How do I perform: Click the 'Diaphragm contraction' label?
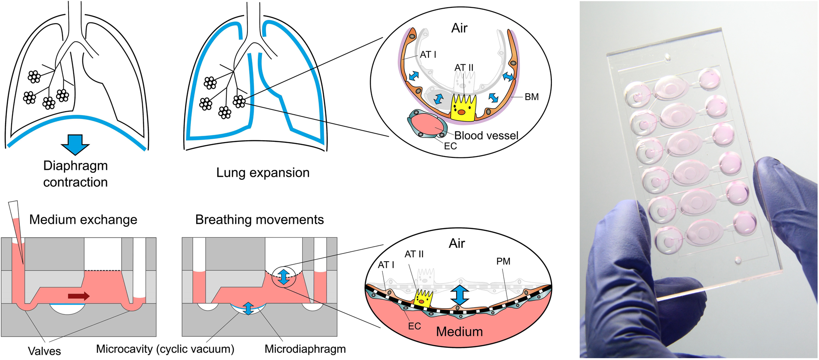click(x=75, y=174)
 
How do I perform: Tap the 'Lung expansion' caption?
click(x=263, y=173)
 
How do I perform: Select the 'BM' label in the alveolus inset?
click(x=531, y=97)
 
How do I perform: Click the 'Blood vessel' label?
click(x=486, y=136)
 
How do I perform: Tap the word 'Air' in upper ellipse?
click(x=459, y=28)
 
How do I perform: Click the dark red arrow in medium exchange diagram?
click(x=79, y=296)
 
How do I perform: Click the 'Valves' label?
click(x=44, y=351)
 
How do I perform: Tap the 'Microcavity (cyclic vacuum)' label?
click(x=165, y=349)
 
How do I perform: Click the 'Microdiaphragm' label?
click(x=305, y=349)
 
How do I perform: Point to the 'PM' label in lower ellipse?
click(x=503, y=261)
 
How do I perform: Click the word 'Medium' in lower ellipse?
click(x=459, y=332)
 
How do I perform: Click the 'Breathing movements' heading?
click(x=259, y=219)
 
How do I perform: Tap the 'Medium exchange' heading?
click(x=83, y=219)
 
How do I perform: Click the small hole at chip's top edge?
click(x=668, y=56)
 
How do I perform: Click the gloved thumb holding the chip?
click(x=776, y=190)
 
